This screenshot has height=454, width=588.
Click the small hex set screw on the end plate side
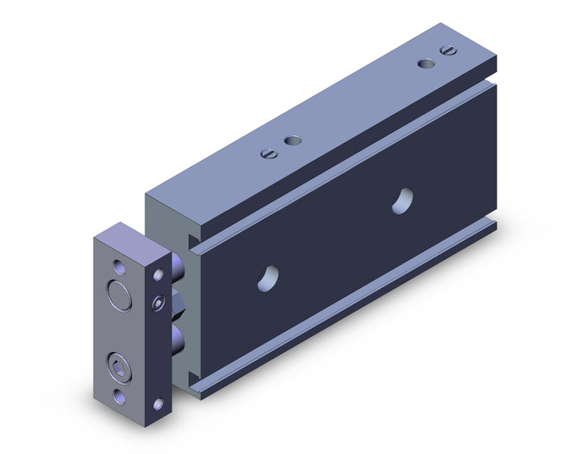pos(159,304)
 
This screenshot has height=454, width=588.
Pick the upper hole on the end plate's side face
pos(159,275)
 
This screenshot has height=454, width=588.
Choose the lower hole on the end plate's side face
pos(159,403)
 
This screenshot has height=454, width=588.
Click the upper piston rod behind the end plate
pos(178,271)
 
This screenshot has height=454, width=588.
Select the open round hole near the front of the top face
pos(292,141)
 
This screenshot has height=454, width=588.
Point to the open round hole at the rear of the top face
pos(426,63)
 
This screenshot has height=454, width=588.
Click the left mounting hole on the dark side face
pos(268,278)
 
